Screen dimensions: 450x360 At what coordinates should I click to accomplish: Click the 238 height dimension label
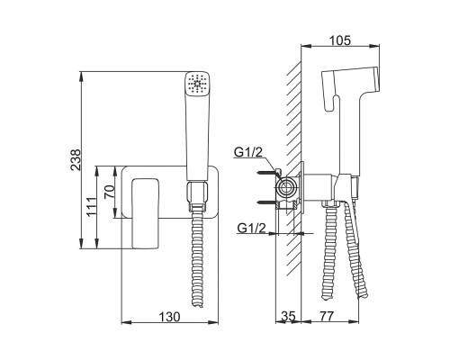pos(76,160)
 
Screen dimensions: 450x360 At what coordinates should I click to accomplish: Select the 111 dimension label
pos(91,206)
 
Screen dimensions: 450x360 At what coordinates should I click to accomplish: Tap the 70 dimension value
pos(109,192)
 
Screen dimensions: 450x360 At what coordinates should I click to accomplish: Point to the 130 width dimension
pos(169,317)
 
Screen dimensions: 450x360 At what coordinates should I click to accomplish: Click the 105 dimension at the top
pos(340,40)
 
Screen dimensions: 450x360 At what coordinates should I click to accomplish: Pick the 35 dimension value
pos(288,316)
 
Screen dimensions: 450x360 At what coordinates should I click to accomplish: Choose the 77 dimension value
pos(327,316)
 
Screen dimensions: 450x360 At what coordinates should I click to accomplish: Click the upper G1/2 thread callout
pos(248,152)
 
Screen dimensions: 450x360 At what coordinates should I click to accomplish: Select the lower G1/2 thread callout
pos(251,229)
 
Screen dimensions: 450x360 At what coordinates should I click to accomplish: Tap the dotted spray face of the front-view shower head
pos(197,84)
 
